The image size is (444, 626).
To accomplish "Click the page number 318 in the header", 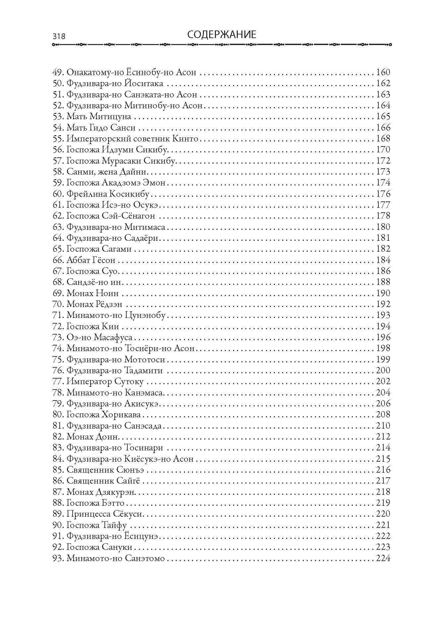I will [x=59, y=36].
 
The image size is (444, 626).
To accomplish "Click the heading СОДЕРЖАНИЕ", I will [x=222, y=34].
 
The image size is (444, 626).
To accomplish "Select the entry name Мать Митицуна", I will [x=99, y=117].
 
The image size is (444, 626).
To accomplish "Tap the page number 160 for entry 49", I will [x=383, y=72].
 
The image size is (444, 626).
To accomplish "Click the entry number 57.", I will [x=58, y=161].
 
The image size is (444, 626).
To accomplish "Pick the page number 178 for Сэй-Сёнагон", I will [x=383, y=216].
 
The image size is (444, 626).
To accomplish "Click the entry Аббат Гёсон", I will [x=91, y=260].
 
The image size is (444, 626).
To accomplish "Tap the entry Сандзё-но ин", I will [x=94, y=282].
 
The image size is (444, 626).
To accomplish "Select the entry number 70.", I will [x=58, y=304].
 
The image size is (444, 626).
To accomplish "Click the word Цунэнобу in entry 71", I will [x=145, y=315].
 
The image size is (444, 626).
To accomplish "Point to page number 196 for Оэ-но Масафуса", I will [x=383, y=337].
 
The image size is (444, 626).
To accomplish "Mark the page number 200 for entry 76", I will [x=383, y=370].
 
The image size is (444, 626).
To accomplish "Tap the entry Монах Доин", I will [x=93, y=437].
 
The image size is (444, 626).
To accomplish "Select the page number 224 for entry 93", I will [x=383, y=558].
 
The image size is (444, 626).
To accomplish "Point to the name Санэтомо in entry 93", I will [x=145, y=558].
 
